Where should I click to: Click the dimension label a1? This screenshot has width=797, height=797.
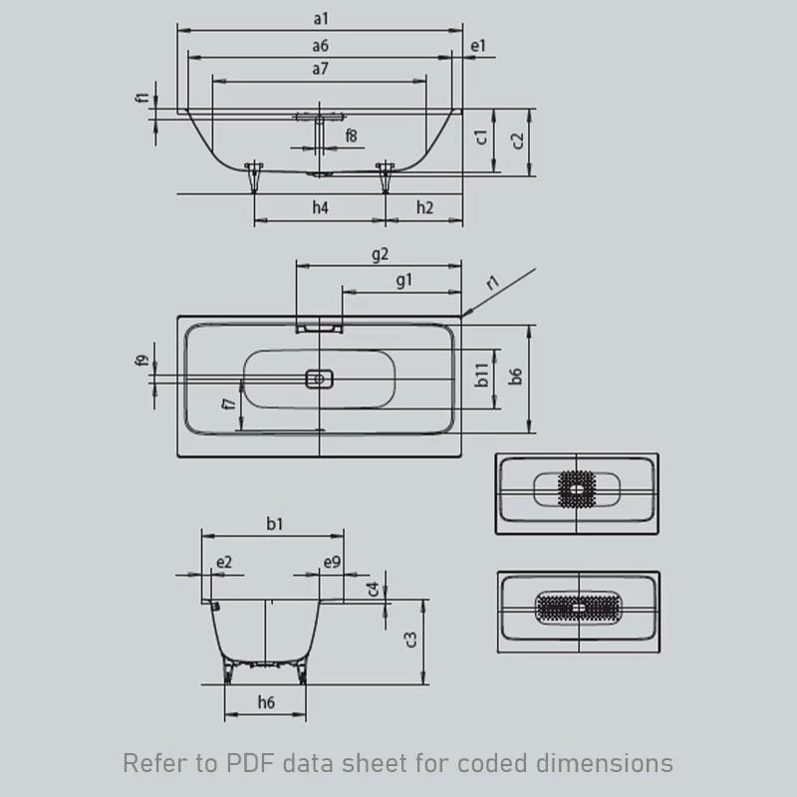pos(320,19)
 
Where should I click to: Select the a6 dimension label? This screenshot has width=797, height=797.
pos(320,45)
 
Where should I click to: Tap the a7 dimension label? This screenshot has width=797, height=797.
pos(320,70)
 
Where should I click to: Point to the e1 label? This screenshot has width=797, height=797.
pos(478,46)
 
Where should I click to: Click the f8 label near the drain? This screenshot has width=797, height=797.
pos(352,134)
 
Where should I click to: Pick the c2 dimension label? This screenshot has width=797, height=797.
pos(517,139)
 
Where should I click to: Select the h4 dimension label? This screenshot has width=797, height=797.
pos(320,207)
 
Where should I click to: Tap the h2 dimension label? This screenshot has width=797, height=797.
pos(424,207)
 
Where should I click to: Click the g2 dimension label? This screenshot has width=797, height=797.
pos(380,254)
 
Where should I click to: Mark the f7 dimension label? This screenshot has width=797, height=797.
pos(229,403)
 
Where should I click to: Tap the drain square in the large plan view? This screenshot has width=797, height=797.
pos(320,379)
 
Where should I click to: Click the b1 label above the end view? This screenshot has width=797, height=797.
pos(273,522)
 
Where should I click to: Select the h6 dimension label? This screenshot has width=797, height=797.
pos(266,702)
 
